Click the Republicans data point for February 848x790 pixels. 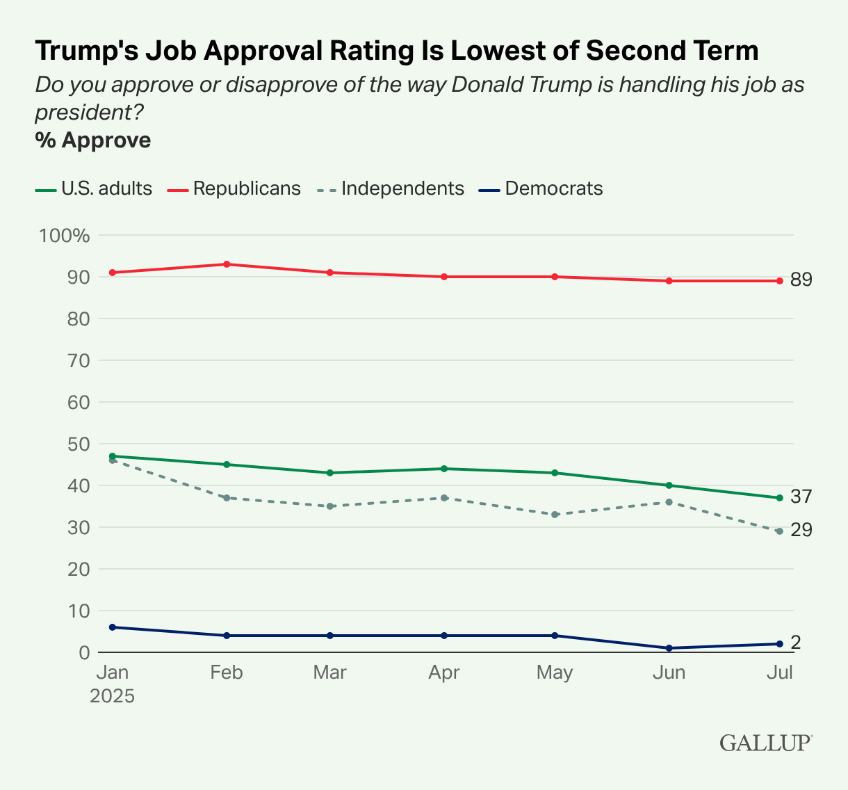[x=227, y=264]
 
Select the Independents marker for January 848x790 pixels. [x=112, y=460]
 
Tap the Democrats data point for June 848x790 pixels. [x=669, y=648]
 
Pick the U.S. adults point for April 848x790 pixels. [x=444, y=469]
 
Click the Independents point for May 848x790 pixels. [x=555, y=515]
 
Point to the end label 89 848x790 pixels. [x=801, y=280]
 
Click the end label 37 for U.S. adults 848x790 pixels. [x=801, y=497]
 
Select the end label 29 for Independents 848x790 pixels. [x=801, y=531]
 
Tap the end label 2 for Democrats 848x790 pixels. [x=796, y=643]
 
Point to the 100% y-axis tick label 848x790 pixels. [x=65, y=236]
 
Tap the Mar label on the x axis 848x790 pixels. [x=330, y=673]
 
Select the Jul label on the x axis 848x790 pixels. [x=779, y=673]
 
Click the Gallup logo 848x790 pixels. [x=765, y=743]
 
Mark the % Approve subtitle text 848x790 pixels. [x=93, y=140]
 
